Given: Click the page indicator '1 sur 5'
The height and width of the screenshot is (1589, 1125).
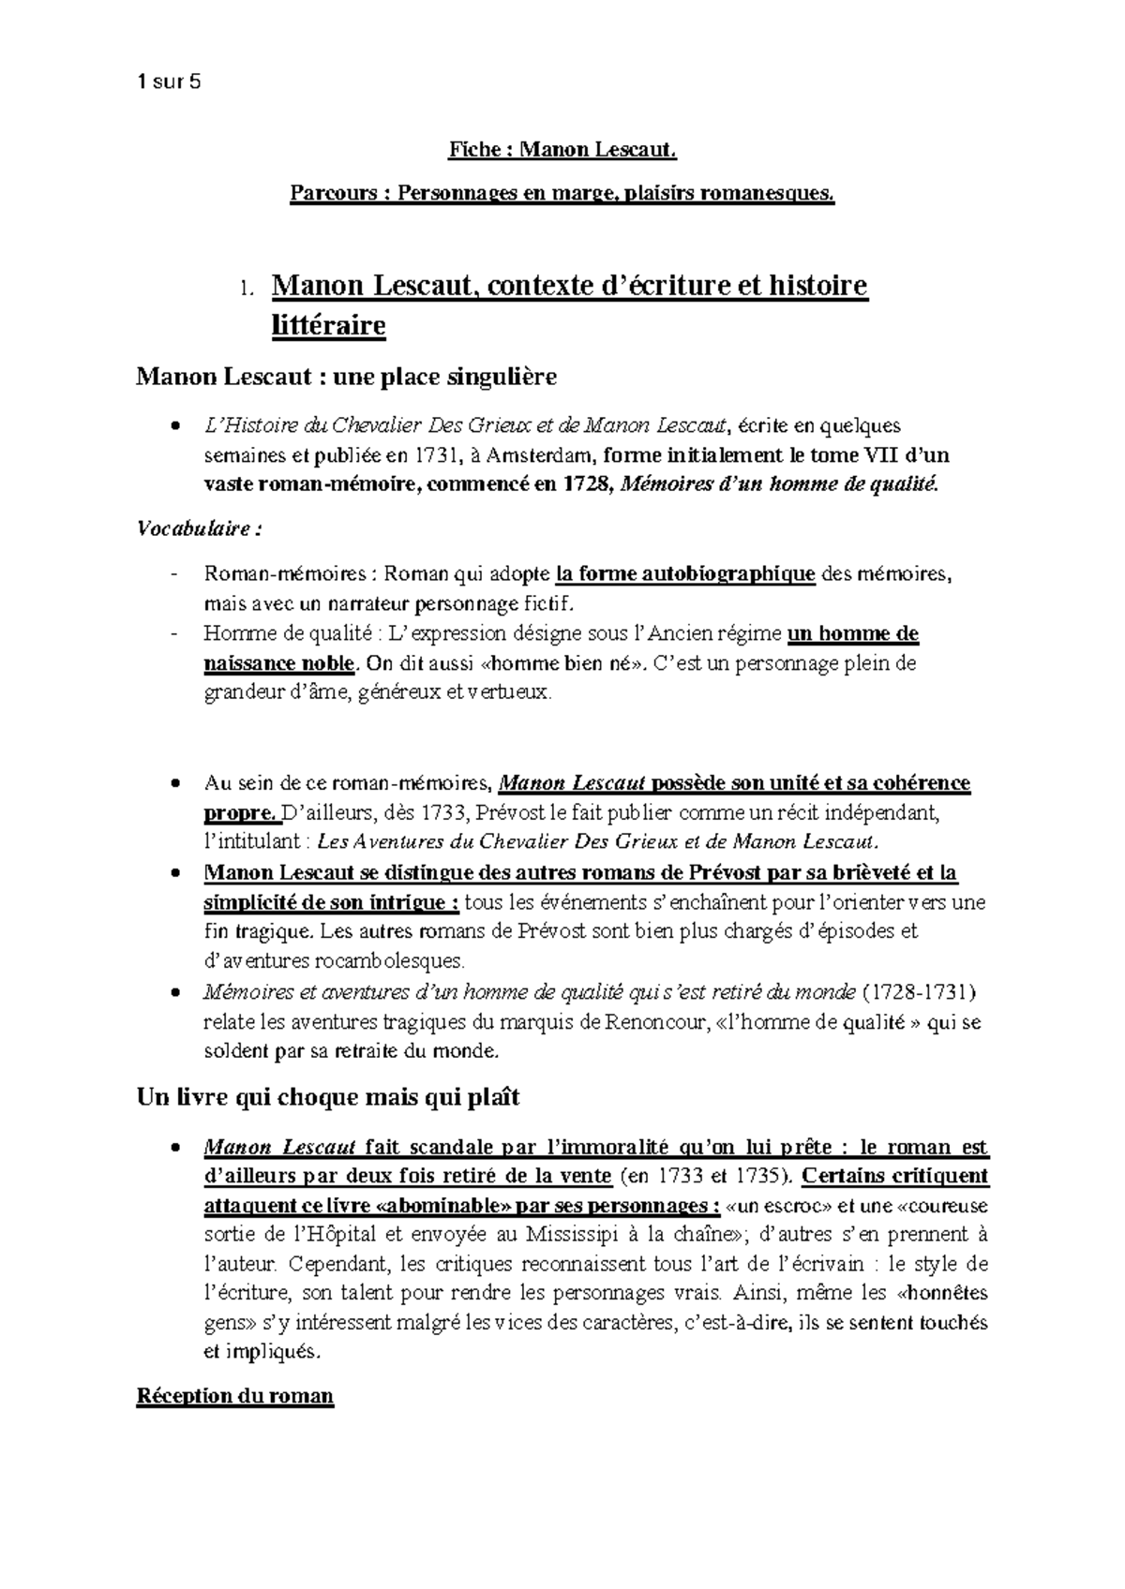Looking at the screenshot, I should point(169,82).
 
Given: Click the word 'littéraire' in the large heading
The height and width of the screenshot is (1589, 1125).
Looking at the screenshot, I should point(328,326).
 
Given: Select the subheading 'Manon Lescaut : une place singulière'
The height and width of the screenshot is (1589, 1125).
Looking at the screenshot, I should point(346,377).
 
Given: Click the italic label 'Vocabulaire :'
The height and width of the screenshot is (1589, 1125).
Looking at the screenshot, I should point(200,528).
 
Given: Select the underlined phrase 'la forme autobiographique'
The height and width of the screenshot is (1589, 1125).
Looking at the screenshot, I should point(685,573).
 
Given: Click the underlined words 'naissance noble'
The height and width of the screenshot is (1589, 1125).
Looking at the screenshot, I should point(279,663).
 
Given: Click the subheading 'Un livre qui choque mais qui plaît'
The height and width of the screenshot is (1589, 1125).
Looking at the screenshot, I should point(328,1097).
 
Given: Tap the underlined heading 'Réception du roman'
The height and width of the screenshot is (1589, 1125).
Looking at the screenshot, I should point(235,1396).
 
